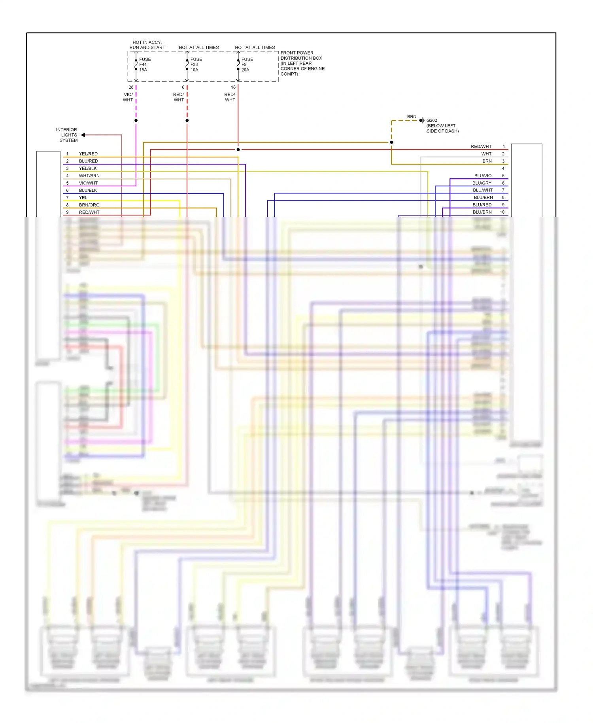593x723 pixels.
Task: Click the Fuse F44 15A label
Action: [144, 64]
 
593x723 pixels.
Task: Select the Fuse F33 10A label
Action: [196, 64]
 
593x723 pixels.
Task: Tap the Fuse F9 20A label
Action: [247, 64]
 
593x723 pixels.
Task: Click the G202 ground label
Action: [432, 120]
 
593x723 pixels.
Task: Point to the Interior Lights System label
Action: [67, 135]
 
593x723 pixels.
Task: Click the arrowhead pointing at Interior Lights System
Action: [83, 135]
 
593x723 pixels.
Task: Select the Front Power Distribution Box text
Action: [302, 63]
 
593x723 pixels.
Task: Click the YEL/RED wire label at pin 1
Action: [88, 154]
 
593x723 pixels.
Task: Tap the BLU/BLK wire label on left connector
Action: [88, 190]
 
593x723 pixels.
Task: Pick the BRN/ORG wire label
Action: [89, 205]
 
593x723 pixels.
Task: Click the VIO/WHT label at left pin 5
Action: [88, 183]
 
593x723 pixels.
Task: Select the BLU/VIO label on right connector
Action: [483, 176]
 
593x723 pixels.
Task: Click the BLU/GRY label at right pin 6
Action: [482, 183]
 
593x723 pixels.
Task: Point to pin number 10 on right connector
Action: [502, 212]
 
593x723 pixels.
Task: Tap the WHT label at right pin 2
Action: [486, 154]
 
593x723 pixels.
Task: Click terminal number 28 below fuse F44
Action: [131, 87]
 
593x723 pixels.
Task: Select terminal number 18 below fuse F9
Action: [233, 87]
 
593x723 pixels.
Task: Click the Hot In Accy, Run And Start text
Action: [147, 45]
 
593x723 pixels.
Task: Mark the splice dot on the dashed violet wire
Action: [136, 120]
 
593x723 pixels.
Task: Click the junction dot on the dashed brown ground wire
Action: [391, 142]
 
